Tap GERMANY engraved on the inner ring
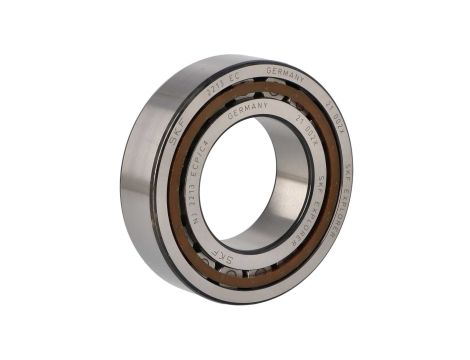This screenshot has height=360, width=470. click(248, 108)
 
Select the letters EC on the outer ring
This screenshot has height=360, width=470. click(237, 78)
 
